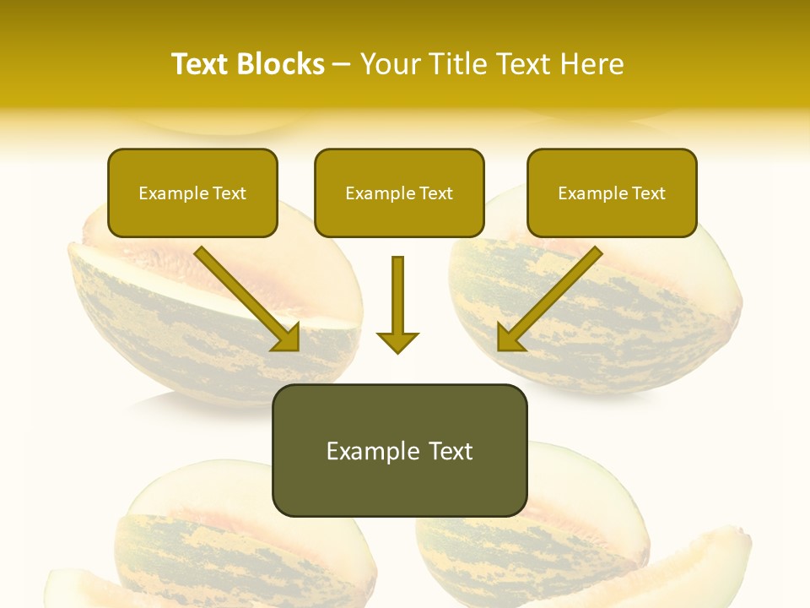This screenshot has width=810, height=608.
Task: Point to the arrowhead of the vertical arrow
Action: [397, 342]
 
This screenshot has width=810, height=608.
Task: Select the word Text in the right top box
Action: [648, 193]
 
